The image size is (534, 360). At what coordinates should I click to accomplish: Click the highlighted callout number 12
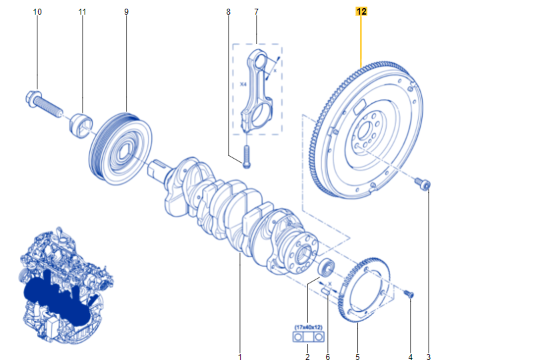[361, 11]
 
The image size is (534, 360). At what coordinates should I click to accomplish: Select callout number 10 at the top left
[37, 12]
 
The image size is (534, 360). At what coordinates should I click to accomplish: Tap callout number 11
[82, 12]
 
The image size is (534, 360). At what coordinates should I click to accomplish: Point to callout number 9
[127, 12]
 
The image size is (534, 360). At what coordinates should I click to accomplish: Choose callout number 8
[228, 12]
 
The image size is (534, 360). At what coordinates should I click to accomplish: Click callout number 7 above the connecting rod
[256, 12]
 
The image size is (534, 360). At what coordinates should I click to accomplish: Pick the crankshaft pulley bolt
[44, 103]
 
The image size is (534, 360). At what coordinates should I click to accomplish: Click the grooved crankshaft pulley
[121, 149]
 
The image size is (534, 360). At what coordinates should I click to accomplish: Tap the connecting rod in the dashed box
[258, 88]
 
